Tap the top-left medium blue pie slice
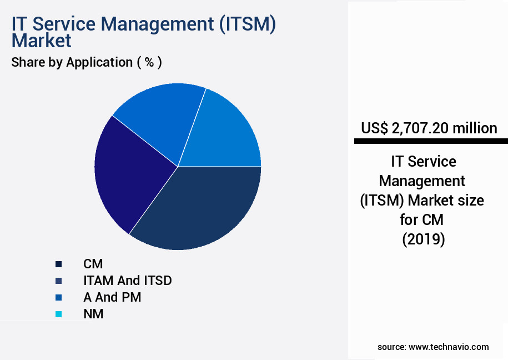click(155, 119)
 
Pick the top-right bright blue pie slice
click(225, 131)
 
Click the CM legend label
click(93, 264)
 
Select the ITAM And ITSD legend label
click(127, 281)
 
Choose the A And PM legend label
click(112, 297)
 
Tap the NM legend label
click(93, 314)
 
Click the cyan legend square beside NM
click(58, 314)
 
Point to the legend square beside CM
click(58, 264)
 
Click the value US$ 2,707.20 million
click(429, 128)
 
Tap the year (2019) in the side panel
click(423, 239)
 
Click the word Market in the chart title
click(42, 41)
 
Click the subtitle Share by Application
click(72, 62)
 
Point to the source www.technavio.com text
click(433, 347)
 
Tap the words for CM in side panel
click(422, 219)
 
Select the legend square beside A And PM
click(58, 298)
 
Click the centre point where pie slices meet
click(178, 166)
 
